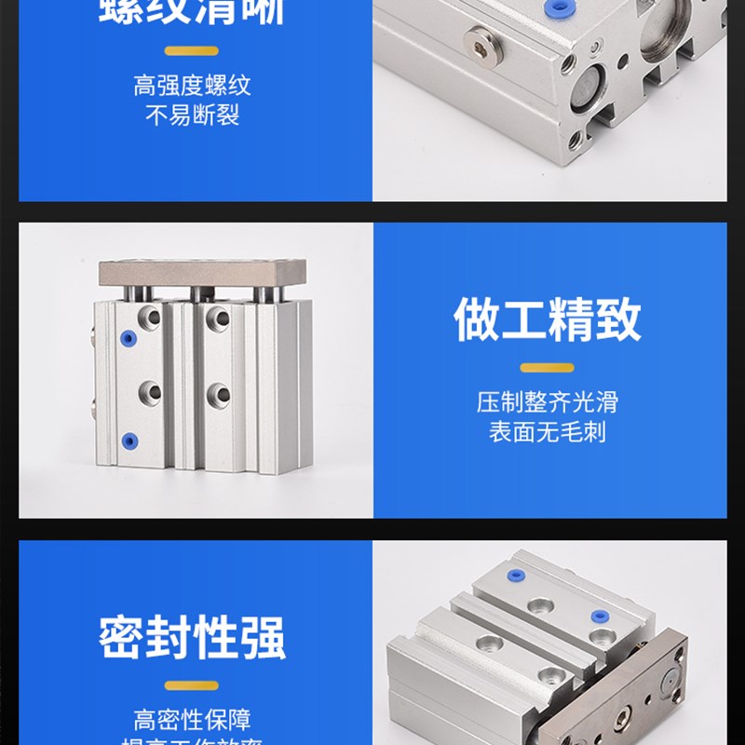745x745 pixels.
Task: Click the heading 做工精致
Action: pyautogui.click(x=548, y=320)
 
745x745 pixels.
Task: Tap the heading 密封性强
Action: pyautogui.click(x=192, y=638)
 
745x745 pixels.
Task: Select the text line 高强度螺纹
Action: pyautogui.click(x=192, y=88)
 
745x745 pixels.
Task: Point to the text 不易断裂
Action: pyautogui.click(x=192, y=117)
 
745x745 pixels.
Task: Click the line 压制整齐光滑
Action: pyautogui.click(x=548, y=402)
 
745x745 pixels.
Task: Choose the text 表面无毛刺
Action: pyautogui.click(x=548, y=432)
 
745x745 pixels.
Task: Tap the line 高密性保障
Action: pyautogui.click(x=192, y=720)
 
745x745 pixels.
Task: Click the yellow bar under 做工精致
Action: pyautogui.click(x=548, y=368)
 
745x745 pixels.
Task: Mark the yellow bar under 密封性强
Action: pyautogui.click(x=192, y=685)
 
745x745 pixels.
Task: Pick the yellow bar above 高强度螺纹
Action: pyautogui.click(x=192, y=50)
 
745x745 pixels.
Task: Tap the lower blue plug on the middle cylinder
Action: pyautogui.click(x=129, y=440)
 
